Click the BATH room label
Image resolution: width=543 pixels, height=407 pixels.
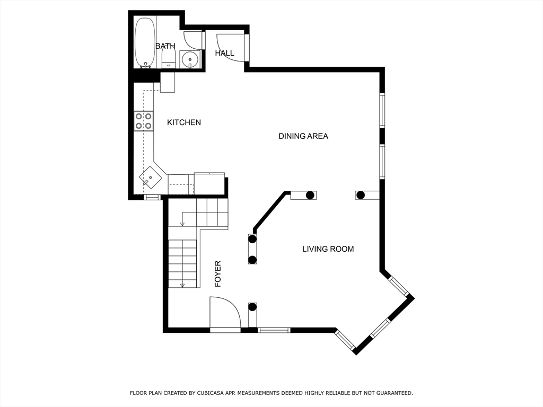[x=165, y=46]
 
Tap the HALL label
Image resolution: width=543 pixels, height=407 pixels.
[x=224, y=53]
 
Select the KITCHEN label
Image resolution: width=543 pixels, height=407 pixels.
[x=184, y=122]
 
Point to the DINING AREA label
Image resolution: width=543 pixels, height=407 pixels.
[x=303, y=136]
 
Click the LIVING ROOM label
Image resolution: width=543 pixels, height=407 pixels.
[x=328, y=249]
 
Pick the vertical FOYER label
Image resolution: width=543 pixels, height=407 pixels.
[x=218, y=274]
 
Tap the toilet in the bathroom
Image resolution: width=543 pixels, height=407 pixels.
[x=169, y=59]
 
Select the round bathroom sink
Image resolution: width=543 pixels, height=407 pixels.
[x=190, y=59]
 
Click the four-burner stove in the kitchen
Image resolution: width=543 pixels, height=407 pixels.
[x=144, y=121]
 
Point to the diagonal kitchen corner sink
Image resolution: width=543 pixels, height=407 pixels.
[x=151, y=178]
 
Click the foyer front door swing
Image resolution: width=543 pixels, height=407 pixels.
[x=225, y=312]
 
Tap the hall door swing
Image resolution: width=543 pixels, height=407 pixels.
[x=230, y=48]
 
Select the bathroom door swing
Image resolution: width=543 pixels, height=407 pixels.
[x=192, y=40]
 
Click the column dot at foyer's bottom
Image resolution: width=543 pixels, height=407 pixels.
[x=252, y=307]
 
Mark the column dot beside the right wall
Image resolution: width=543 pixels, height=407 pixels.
[x=361, y=195]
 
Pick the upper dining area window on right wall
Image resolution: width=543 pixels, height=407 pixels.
[x=382, y=110]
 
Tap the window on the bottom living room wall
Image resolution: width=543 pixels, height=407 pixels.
[x=274, y=330]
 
